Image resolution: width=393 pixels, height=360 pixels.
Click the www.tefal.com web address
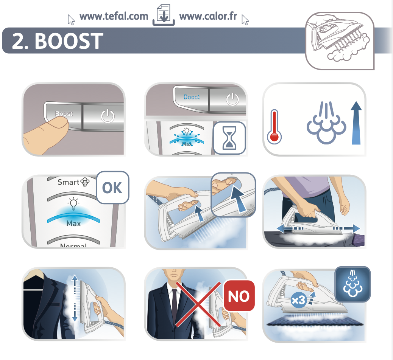(x=114, y=16)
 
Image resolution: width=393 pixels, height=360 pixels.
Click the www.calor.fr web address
(x=208, y=16)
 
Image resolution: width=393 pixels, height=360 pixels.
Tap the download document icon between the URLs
(x=164, y=15)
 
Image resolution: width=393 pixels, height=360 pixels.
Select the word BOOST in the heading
(x=69, y=41)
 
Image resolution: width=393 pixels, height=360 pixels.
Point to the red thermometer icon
(x=274, y=127)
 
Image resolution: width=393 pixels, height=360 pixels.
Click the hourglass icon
(x=229, y=138)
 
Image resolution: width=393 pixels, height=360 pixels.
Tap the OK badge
(x=112, y=188)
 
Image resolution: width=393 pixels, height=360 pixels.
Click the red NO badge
(x=239, y=296)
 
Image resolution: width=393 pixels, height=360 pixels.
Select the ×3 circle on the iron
(x=298, y=300)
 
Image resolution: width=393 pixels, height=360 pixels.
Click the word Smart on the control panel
(x=69, y=182)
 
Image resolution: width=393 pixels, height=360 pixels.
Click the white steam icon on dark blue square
(x=352, y=284)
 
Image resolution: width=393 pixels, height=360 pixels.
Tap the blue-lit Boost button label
(x=192, y=97)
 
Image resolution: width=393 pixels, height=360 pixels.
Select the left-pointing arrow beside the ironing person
(x=290, y=228)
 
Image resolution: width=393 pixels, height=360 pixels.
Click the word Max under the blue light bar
(x=74, y=223)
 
